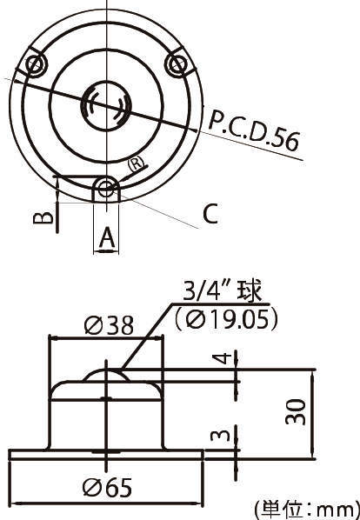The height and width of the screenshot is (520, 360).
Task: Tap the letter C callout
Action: tap(210, 214)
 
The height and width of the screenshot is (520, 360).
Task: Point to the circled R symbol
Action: tap(135, 163)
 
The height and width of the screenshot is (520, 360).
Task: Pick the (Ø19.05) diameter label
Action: tap(226, 319)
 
